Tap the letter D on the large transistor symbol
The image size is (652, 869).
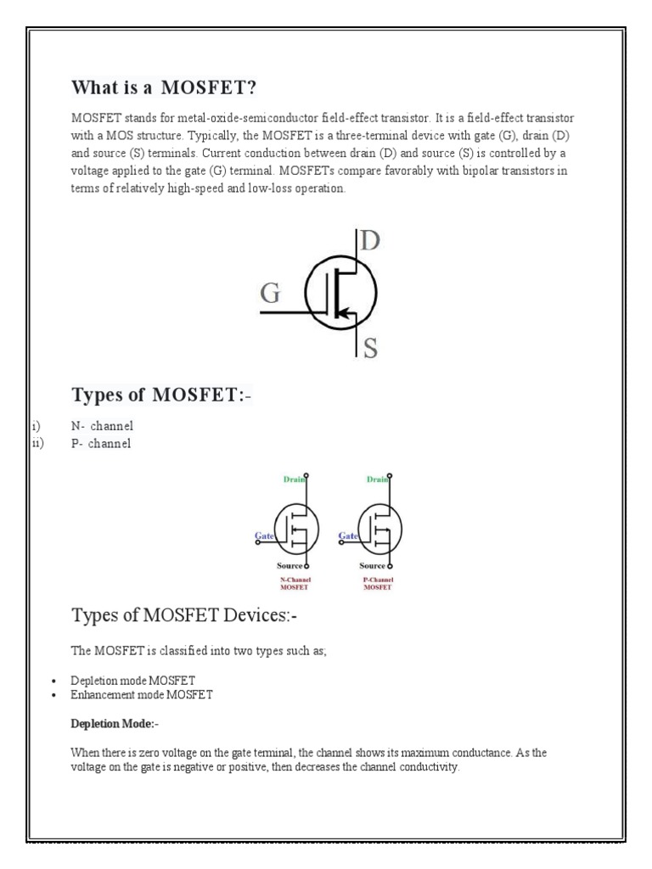point(370,241)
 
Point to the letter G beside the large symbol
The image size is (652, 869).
point(269,294)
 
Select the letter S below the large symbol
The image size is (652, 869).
point(370,348)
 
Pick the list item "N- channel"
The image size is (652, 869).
point(102,426)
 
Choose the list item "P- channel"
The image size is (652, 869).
point(101,444)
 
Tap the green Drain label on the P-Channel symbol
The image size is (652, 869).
point(376,480)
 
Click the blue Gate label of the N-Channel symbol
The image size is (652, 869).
point(264,536)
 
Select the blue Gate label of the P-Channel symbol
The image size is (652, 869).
point(348,536)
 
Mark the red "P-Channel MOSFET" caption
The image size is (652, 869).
point(376,583)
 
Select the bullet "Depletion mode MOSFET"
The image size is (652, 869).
point(133,681)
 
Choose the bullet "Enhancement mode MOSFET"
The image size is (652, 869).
point(142,694)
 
